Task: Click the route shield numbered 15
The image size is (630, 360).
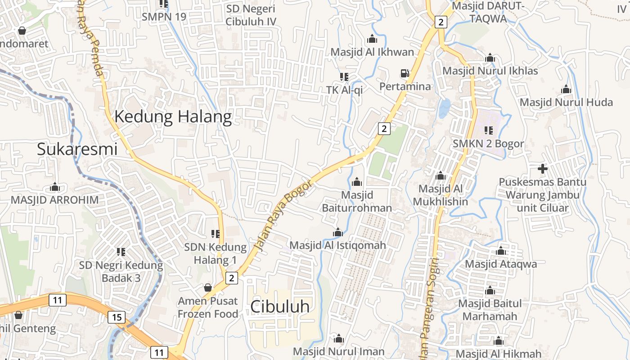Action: coord(116,317)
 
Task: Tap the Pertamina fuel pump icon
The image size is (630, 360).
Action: coord(405,73)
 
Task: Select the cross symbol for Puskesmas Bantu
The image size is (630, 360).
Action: coord(543,169)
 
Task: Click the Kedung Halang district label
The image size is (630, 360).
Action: coord(173,117)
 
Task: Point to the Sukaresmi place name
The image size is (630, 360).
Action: coord(77,149)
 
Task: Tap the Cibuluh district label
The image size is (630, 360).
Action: coord(280,307)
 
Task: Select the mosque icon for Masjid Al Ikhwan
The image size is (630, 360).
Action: coord(372,39)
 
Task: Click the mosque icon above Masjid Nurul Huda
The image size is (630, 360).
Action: coord(566,89)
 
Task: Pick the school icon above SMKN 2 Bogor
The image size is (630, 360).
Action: coord(488,130)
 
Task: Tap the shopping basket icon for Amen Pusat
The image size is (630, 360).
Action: coord(208,287)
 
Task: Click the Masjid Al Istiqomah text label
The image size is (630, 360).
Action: coord(338,245)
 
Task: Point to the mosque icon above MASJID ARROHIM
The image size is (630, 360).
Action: coord(55,187)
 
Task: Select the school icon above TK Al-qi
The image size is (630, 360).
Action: coord(344,77)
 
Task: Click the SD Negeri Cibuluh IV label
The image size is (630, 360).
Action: coord(251,15)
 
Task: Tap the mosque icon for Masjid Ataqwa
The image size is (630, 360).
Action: coord(501,251)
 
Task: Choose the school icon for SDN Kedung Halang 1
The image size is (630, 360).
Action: coord(216,234)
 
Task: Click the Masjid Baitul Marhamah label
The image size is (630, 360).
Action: coord(490,310)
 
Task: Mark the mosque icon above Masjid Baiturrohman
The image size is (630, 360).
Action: coord(357,182)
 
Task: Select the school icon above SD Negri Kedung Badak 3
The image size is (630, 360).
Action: coord(121,252)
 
